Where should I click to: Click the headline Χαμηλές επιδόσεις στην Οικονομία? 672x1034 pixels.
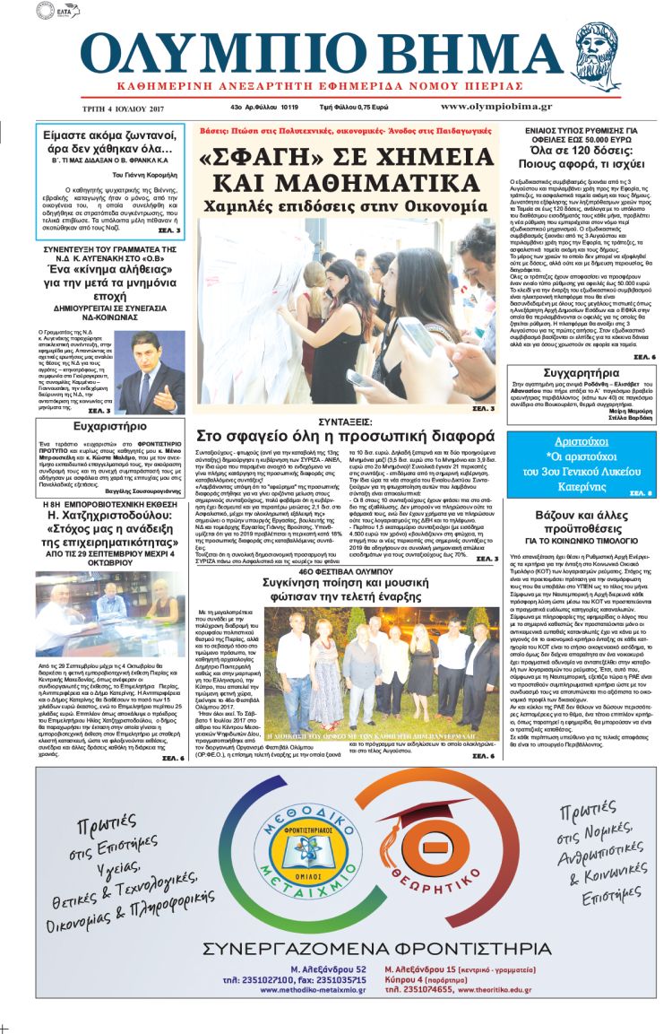(344, 206)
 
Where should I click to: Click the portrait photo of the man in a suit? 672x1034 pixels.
(152, 361)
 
